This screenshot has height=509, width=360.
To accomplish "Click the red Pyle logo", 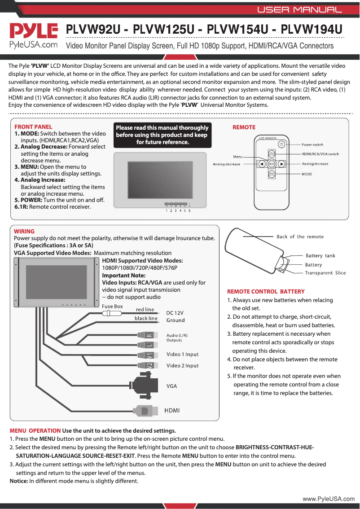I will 34,31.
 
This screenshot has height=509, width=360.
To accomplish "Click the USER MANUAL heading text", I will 299,9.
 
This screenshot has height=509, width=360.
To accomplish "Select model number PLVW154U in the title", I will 239,30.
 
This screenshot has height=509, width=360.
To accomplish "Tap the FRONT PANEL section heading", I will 33,127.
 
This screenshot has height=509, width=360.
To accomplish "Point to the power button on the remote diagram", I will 281,144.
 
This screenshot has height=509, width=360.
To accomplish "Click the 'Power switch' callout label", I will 312,145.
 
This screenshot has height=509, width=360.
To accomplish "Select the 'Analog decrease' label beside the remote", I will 226,164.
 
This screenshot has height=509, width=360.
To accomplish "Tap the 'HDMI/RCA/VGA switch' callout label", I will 320,154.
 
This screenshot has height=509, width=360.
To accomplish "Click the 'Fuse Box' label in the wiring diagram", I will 112,306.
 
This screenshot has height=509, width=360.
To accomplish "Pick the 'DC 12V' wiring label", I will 175,313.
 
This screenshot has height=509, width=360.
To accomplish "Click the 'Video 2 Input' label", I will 182,366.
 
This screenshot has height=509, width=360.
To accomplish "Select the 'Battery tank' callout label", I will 320,256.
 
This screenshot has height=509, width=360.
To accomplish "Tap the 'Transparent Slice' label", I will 325,273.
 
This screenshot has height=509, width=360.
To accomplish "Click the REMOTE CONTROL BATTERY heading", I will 266,291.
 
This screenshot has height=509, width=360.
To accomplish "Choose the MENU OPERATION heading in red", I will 35,431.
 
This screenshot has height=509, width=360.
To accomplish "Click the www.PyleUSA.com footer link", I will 328,499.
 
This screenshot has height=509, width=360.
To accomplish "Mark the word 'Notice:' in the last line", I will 19,481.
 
